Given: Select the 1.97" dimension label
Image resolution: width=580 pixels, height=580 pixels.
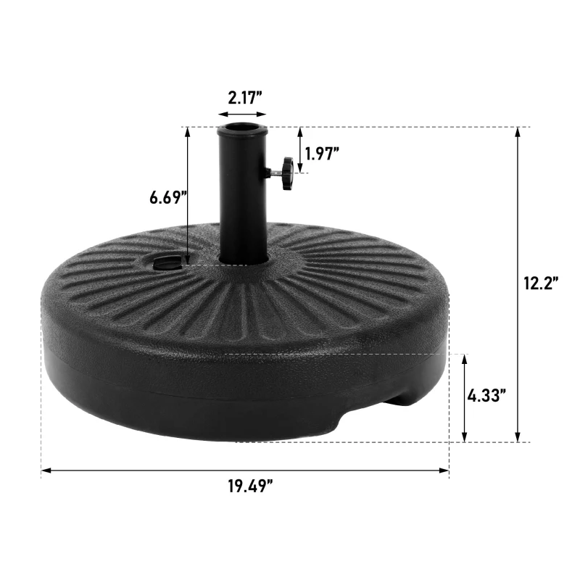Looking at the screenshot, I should [x=322, y=152].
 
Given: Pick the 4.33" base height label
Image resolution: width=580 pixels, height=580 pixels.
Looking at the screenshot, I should [x=486, y=396].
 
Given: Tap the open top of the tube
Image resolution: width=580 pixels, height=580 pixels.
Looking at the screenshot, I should [x=242, y=130].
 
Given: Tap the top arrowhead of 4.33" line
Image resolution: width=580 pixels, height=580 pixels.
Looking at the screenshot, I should [x=463, y=359].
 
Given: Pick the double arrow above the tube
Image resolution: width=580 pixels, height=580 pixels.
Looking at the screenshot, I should [x=242, y=114].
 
